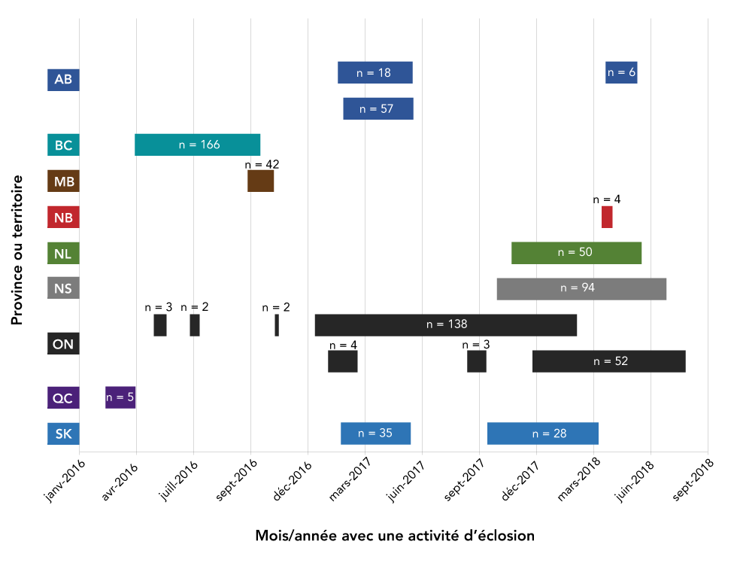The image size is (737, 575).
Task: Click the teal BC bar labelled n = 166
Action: coord(197,145)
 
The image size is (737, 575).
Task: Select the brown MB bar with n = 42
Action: coord(260,181)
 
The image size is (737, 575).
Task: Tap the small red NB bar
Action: coord(607,217)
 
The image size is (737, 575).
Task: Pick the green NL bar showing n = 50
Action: coord(576,253)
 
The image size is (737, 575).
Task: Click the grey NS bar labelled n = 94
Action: coord(581,288)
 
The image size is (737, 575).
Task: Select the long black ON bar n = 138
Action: coord(445,324)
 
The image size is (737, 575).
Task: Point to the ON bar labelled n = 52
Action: coord(608,361)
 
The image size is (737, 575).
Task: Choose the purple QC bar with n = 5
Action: coord(120,397)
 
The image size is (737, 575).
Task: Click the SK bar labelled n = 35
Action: coord(375,434)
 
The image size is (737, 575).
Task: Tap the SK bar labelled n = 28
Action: coord(542,434)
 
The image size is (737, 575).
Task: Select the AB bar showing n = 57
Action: coord(378,108)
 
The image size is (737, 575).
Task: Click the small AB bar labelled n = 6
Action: coord(621,72)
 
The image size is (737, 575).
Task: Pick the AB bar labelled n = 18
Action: coord(375,72)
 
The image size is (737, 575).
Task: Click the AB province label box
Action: coord(63,80)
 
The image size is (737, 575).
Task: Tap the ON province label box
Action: coord(63,345)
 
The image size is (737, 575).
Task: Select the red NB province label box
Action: coord(63,218)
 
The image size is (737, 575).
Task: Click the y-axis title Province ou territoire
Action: coord(17,250)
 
